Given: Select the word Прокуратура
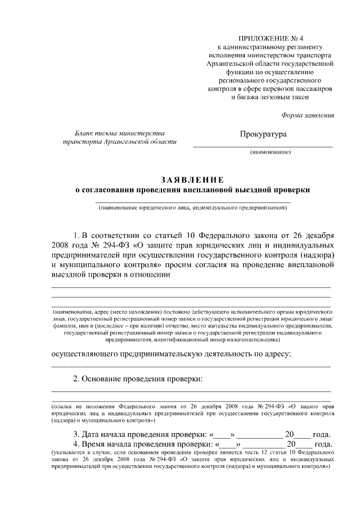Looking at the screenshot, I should click(x=263, y=134).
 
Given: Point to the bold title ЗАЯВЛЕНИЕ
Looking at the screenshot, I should click(x=192, y=179).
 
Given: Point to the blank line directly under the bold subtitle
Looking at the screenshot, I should click(x=192, y=201).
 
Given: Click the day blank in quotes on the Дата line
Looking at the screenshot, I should click(x=223, y=435).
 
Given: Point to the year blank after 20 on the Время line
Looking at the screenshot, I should click(x=304, y=445).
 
